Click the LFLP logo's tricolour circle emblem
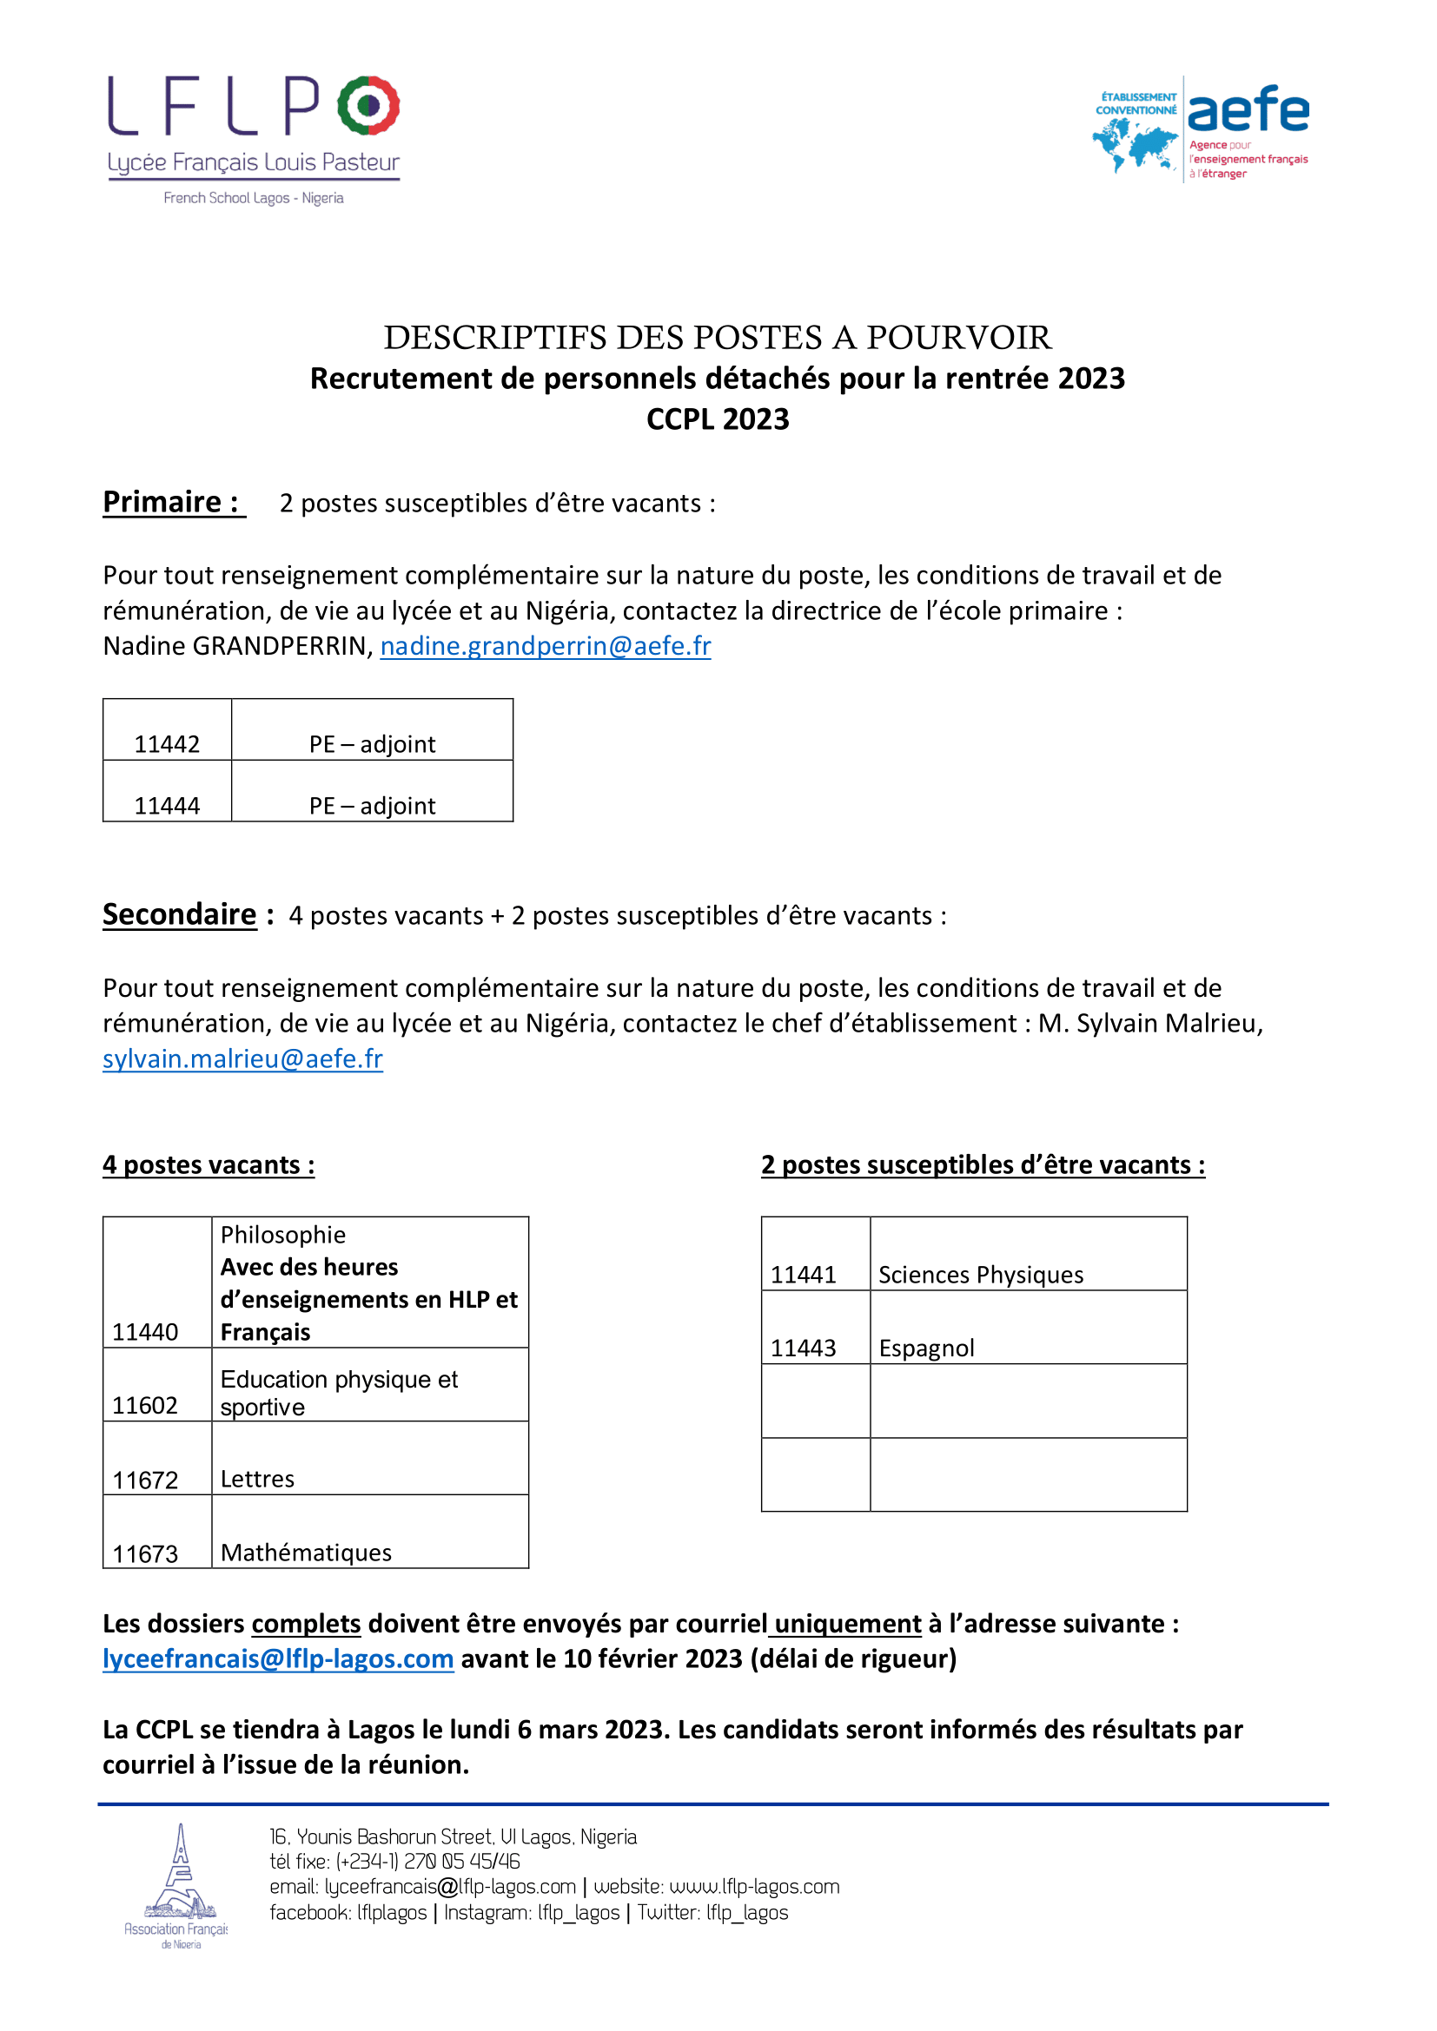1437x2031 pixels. click(x=368, y=105)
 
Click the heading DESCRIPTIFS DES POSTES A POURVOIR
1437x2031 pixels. click(x=718, y=337)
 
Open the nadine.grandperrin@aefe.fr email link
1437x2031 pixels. click(x=545, y=646)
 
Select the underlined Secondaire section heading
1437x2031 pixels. click(x=180, y=913)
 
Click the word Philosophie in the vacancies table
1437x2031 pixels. click(x=283, y=1234)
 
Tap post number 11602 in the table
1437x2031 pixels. click(x=145, y=1405)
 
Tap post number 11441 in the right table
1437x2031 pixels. click(x=804, y=1274)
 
